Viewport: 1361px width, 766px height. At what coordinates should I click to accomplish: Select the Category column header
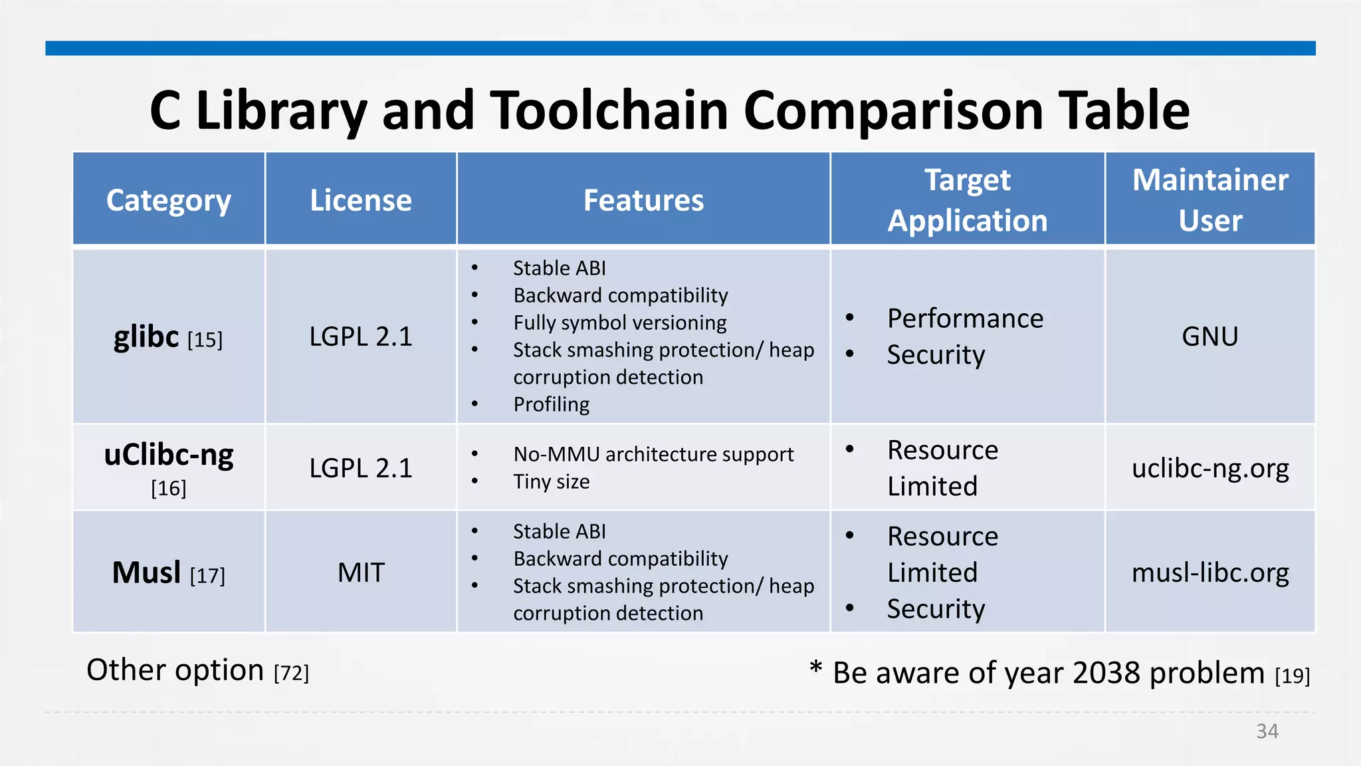point(169,200)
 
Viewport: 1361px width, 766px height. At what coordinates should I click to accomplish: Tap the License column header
point(361,200)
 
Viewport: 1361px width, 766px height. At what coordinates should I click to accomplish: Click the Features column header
point(643,200)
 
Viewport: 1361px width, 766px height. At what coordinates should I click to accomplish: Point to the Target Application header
point(968,200)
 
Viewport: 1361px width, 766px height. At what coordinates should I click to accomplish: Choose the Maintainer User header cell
point(1210,200)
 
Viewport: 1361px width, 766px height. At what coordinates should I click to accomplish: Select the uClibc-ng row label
point(169,456)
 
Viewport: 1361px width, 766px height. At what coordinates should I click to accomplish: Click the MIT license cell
point(361,573)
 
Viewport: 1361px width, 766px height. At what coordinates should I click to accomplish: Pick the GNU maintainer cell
point(1210,336)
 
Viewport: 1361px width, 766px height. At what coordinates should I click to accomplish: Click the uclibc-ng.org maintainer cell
point(1210,468)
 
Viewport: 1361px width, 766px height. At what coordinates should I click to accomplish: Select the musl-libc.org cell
point(1210,573)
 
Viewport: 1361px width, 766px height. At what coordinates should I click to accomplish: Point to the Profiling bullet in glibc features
point(551,404)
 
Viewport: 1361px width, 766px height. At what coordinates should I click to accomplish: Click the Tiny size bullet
point(551,481)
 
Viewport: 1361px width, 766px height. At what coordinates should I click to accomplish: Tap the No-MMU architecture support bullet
point(653,454)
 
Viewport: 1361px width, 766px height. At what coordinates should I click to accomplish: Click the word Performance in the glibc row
point(965,319)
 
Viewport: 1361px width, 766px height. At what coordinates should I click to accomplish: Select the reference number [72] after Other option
point(291,673)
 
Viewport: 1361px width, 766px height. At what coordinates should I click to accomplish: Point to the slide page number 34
point(1267,731)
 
